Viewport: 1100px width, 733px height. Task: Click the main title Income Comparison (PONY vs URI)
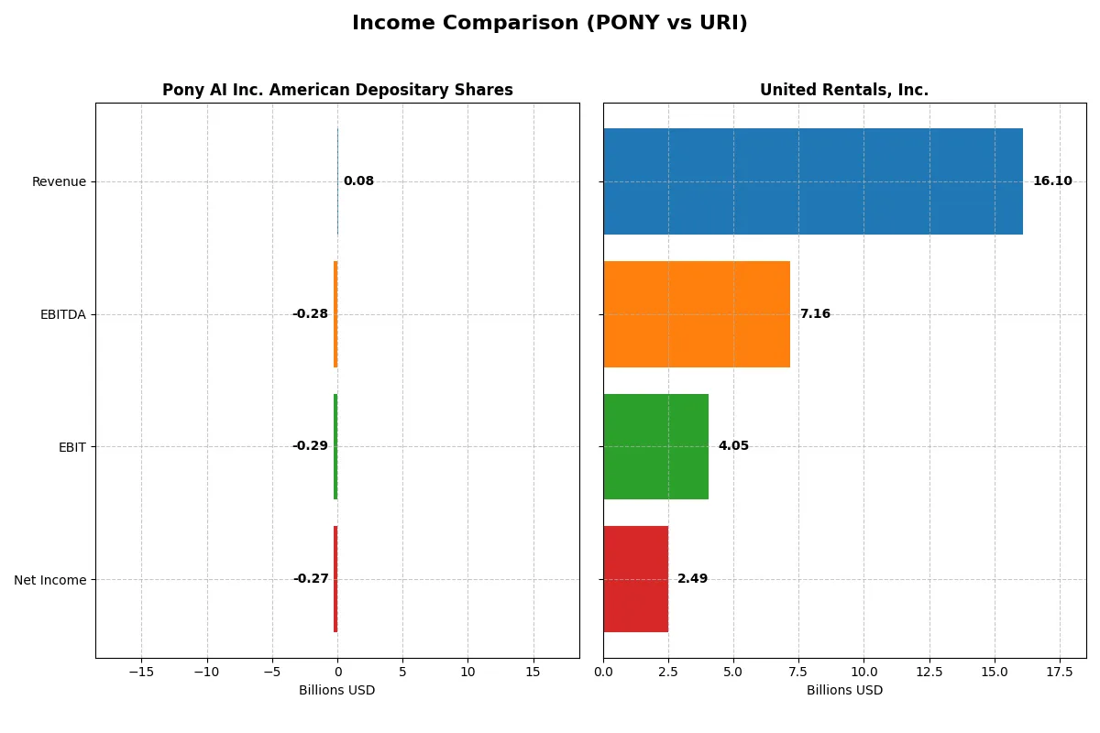[549, 24]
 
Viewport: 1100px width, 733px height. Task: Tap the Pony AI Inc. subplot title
[337, 90]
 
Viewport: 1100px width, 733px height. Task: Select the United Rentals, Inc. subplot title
[843, 90]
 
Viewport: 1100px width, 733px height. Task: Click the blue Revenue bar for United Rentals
[812, 181]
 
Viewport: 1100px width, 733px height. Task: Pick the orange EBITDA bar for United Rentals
[696, 314]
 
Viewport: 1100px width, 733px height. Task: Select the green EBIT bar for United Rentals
[655, 447]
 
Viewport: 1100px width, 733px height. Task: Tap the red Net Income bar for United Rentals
[635, 579]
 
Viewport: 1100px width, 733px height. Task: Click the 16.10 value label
[1051, 181]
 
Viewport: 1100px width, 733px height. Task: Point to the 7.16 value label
[814, 314]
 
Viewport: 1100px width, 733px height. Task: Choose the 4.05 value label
[733, 446]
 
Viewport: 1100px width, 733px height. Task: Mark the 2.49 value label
[692, 579]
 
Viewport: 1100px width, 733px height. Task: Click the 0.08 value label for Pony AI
[358, 181]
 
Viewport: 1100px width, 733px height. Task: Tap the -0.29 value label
[310, 446]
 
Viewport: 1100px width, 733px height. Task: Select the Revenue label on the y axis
[59, 181]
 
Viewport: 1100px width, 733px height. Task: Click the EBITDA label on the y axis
[63, 314]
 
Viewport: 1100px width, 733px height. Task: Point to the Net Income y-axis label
[50, 580]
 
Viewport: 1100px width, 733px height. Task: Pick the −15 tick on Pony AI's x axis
[141, 672]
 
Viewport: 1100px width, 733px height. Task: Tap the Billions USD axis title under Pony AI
[336, 690]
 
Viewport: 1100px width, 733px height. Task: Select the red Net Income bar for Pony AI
[335, 579]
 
